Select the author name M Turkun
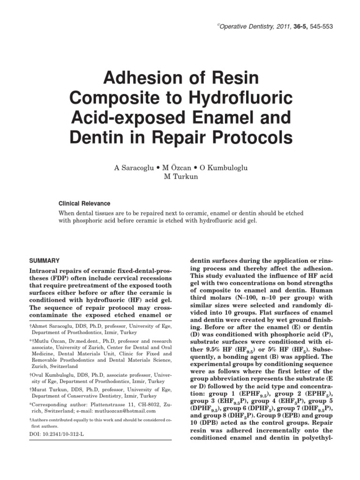click(180, 177)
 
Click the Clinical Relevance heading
click(84, 204)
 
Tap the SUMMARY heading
click(45, 260)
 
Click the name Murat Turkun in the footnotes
click(49, 389)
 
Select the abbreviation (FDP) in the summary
click(40, 279)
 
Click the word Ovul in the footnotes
click(38, 376)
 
